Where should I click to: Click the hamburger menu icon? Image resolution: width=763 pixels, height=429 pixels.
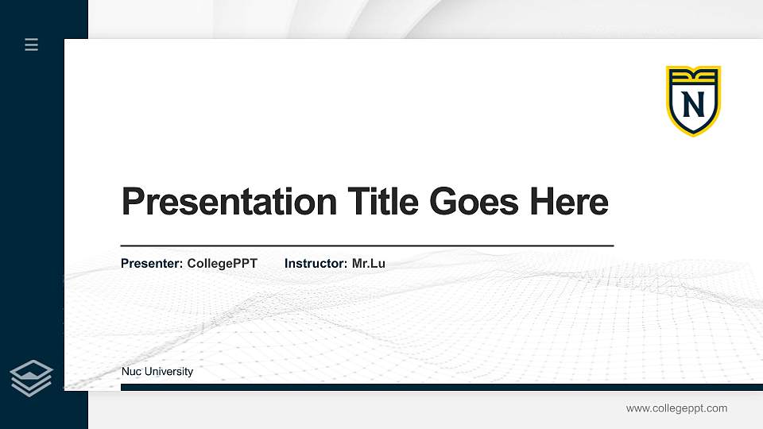[x=32, y=44]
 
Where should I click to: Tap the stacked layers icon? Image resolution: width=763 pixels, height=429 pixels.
[x=32, y=378]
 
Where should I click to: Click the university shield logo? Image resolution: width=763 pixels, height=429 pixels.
[x=693, y=101]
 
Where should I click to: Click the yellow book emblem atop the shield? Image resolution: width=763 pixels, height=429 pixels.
[x=693, y=76]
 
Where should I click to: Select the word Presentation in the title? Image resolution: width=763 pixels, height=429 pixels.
[x=229, y=202]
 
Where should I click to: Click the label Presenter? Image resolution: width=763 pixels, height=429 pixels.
[x=152, y=263]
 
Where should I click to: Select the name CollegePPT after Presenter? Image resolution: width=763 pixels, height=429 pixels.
[x=222, y=263]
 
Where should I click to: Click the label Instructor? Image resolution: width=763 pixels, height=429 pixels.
[x=316, y=263]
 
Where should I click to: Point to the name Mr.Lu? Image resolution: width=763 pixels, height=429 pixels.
[x=368, y=263]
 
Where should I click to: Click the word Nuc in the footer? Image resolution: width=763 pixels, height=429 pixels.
[x=131, y=372]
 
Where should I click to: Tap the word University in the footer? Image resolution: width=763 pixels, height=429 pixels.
[x=168, y=372]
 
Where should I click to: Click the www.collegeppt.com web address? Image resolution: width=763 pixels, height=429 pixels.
[x=676, y=408]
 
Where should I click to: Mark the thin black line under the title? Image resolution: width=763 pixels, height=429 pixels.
[x=367, y=246]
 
